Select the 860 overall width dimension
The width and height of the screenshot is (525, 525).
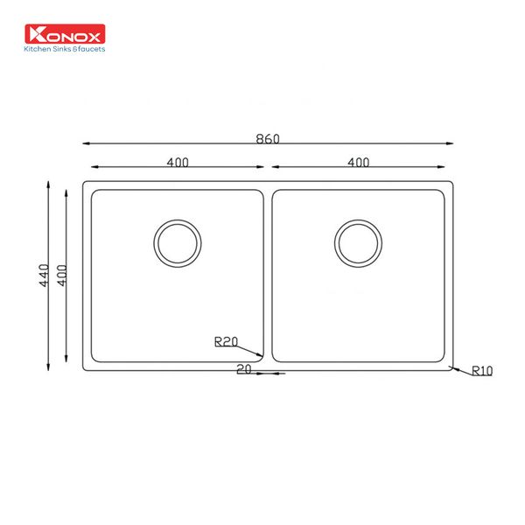pyautogui.click(x=268, y=138)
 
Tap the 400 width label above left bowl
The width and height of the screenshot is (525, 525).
pyautogui.click(x=178, y=162)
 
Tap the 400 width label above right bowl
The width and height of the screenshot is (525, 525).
pyautogui.click(x=358, y=162)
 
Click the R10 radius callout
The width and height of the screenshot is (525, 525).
pyautogui.click(x=482, y=371)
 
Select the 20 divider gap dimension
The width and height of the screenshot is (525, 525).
pyautogui.click(x=244, y=369)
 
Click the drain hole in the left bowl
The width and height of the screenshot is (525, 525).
pyautogui.click(x=178, y=242)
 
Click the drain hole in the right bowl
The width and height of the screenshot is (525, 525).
pyautogui.click(x=358, y=242)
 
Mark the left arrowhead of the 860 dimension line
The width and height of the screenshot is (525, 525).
pyautogui.click(x=86, y=143)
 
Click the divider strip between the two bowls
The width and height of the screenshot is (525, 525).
pyautogui.click(x=268, y=276)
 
